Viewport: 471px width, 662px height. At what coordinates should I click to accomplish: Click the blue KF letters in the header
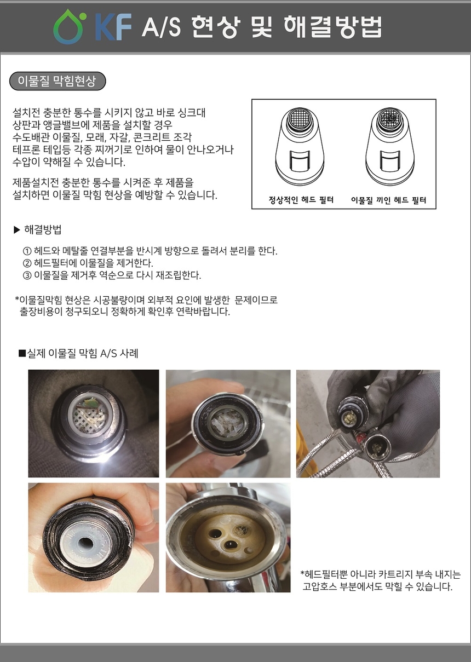[113, 27]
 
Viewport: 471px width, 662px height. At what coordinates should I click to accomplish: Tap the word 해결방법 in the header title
[332, 26]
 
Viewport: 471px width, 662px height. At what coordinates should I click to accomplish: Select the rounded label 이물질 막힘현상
[57, 82]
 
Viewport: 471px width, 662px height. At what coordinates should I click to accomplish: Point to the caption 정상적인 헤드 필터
[301, 200]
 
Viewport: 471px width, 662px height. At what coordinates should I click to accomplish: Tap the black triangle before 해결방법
[16, 229]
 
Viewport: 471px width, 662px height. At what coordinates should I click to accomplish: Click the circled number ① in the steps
[27, 251]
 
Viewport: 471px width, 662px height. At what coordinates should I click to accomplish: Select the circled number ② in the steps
[27, 263]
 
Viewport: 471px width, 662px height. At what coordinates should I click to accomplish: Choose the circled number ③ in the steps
[27, 275]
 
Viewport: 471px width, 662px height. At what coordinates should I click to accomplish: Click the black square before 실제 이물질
[22, 354]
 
